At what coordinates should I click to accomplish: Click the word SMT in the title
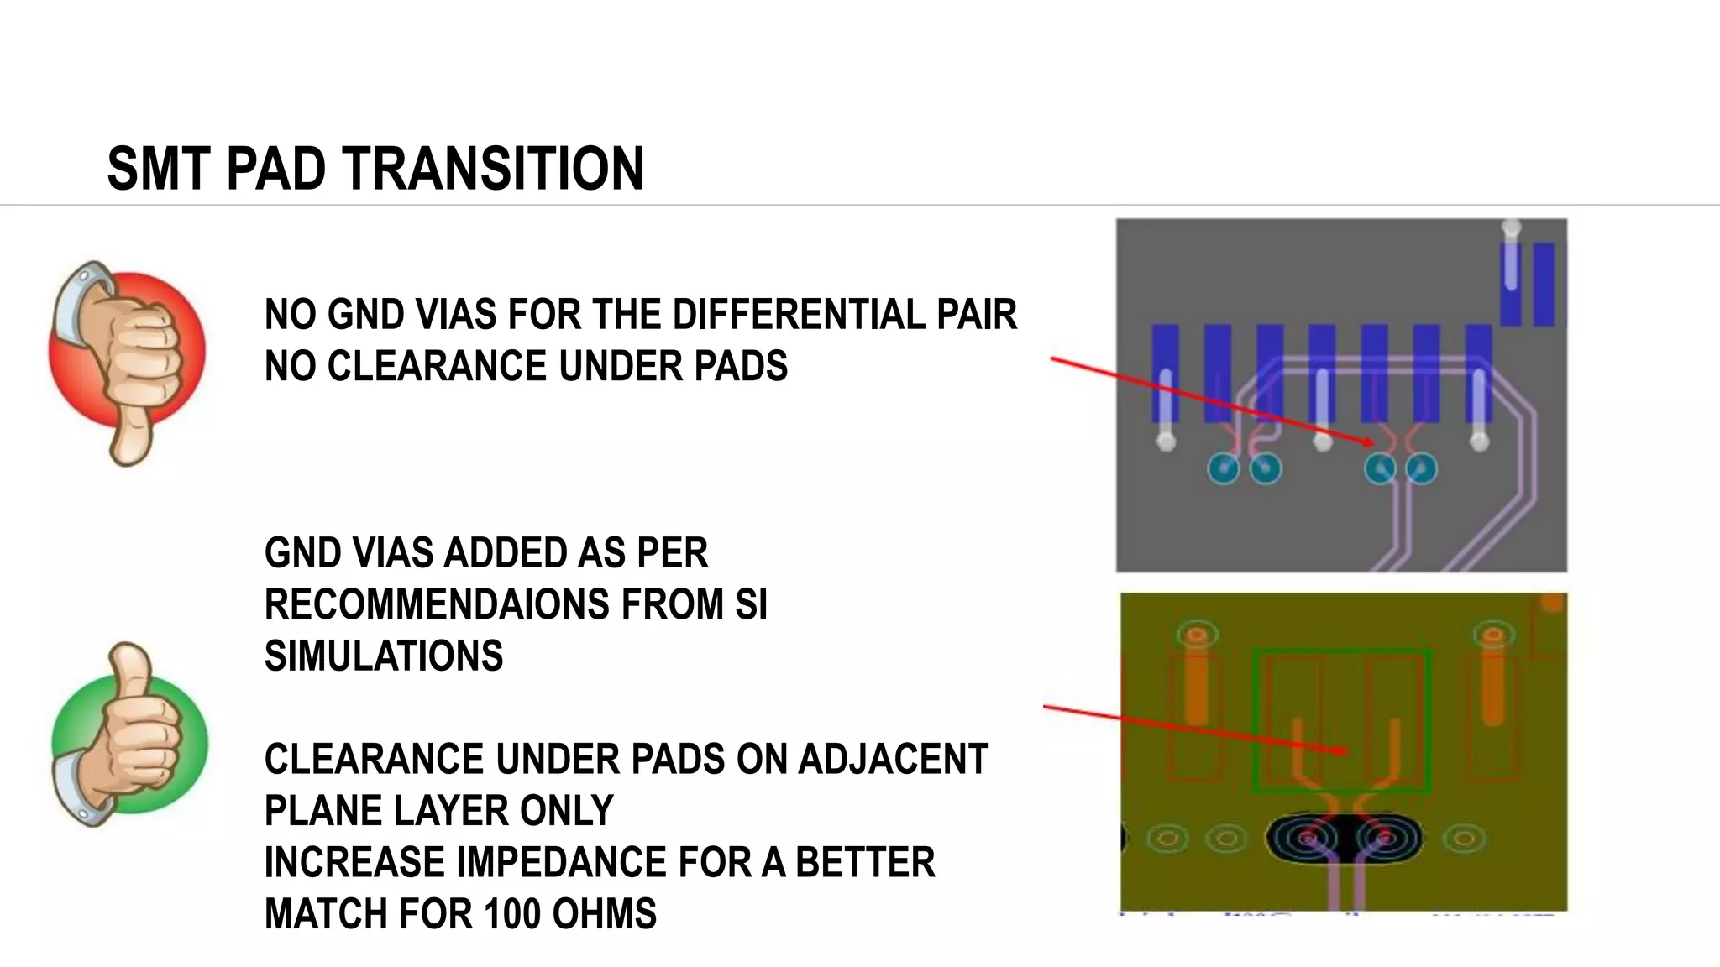(159, 169)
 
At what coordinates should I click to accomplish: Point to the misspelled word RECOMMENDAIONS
(437, 604)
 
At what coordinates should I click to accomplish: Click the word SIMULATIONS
(384, 656)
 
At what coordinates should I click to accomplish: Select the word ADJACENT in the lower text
(893, 760)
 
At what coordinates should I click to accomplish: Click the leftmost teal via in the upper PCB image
(1223, 468)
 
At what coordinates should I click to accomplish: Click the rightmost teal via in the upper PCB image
(1421, 468)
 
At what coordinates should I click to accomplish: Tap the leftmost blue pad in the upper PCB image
(1165, 373)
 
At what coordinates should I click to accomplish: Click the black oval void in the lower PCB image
(1345, 838)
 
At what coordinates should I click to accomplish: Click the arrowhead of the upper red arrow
(1369, 442)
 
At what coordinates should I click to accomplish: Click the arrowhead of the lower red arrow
(1344, 751)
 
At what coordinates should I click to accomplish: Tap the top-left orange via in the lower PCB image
(1197, 635)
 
